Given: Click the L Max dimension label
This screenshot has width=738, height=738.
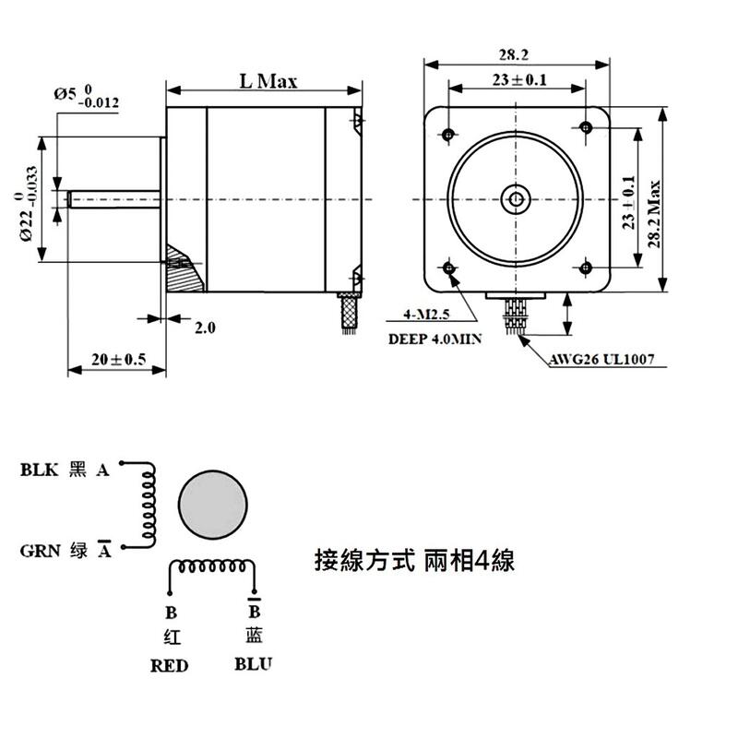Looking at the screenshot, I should (268, 81).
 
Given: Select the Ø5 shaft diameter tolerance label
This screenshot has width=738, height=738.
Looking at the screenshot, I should (86, 96).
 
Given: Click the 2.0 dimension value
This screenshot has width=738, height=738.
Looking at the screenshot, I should (205, 327).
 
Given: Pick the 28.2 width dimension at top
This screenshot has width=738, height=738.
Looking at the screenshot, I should (516, 54).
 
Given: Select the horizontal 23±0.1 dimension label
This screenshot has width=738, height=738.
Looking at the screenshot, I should (519, 80).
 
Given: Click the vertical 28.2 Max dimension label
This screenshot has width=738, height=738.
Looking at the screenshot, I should (654, 213).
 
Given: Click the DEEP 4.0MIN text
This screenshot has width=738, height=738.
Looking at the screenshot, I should (434, 339).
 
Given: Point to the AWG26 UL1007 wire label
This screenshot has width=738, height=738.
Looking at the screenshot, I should (602, 359).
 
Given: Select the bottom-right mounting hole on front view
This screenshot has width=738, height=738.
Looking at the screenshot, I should (585, 268).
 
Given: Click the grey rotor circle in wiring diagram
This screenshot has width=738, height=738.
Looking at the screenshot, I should (214, 507).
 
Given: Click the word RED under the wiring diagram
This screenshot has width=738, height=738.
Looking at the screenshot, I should (170, 665).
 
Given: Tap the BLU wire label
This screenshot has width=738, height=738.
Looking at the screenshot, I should (254, 663).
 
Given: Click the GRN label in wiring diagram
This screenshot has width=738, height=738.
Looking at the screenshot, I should (40, 552).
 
